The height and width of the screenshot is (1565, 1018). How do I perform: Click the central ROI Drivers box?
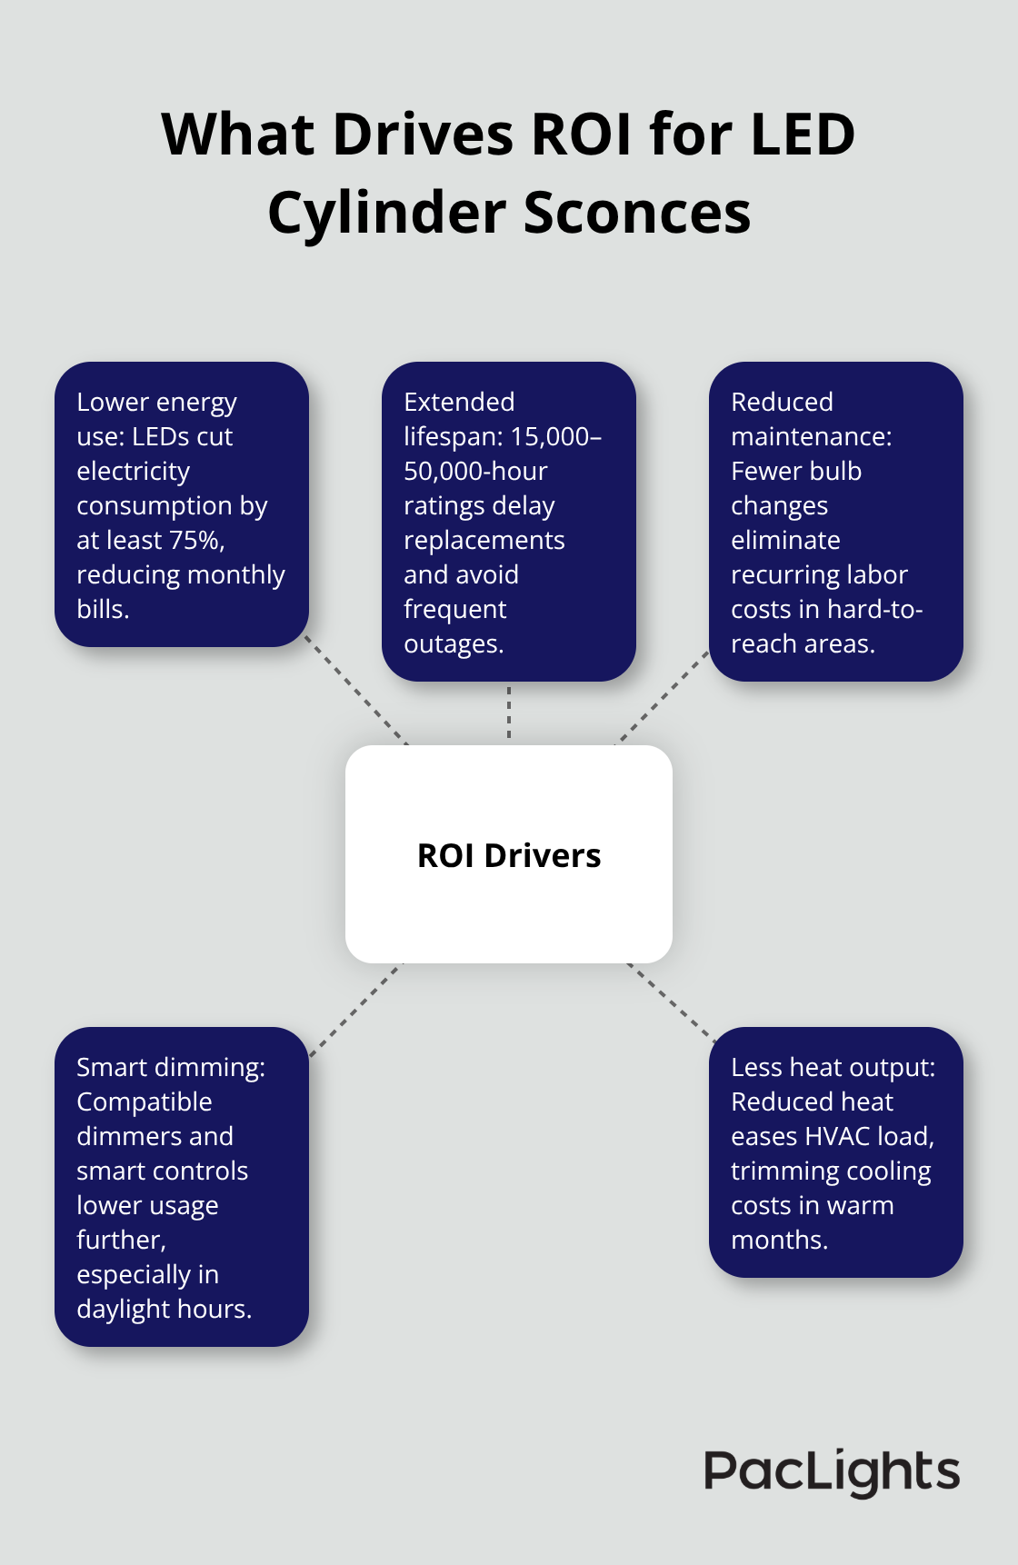click(509, 854)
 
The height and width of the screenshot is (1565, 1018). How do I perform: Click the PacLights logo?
click(832, 1471)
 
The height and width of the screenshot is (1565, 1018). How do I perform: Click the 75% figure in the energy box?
click(195, 541)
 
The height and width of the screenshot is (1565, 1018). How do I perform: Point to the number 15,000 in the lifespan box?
click(548, 437)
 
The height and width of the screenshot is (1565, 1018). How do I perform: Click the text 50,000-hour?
click(475, 472)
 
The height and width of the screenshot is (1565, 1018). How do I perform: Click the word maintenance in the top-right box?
click(811, 437)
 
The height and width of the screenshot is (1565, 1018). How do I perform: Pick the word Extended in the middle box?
click(459, 403)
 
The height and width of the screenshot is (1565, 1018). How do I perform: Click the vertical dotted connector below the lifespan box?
click(509, 713)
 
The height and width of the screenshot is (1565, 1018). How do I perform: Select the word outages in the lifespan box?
click(453, 644)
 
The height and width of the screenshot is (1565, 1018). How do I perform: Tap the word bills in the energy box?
click(102, 610)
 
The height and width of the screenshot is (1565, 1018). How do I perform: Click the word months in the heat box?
click(778, 1241)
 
